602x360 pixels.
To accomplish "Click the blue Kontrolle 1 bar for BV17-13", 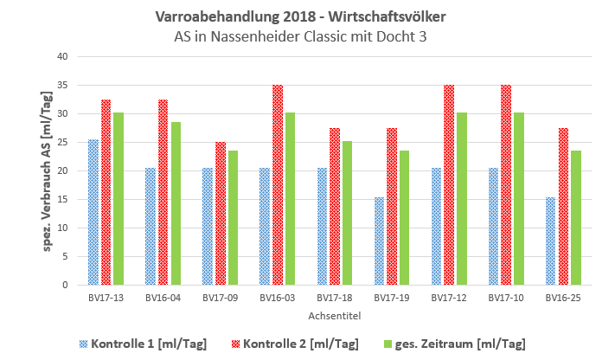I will click(93, 212).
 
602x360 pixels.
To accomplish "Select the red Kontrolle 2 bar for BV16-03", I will click(278, 185).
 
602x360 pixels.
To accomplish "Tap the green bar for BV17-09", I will click(233, 218).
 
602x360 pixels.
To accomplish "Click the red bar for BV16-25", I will click(564, 207).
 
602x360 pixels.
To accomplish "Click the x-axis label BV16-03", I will click(278, 298).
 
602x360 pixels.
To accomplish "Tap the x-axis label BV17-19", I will click(392, 298).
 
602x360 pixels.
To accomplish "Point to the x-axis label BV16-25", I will click(564, 298).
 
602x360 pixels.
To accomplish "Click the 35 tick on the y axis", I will click(61, 86).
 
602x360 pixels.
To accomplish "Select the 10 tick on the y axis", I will click(61, 228).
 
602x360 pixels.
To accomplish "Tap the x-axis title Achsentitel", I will click(335, 317).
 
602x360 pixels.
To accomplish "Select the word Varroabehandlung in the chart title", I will click(204, 16).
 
